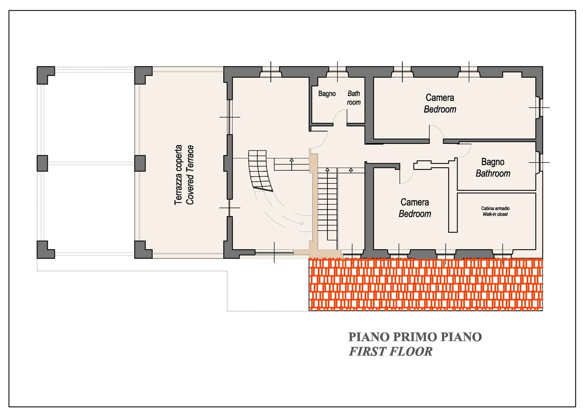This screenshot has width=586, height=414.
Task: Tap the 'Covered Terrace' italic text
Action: click(190, 175)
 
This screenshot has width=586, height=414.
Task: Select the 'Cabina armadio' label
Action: click(495, 208)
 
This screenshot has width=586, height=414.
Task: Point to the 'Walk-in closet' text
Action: click(495, 214)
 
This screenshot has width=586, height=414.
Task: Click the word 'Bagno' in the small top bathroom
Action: click(327, 94)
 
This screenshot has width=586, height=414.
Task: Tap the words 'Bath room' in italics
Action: click(354, 98)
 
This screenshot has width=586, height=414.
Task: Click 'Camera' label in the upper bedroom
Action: click(440, 97)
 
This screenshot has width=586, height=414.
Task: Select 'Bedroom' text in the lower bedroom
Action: click(415, 214)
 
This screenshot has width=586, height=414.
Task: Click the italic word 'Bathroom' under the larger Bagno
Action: click(493, 174)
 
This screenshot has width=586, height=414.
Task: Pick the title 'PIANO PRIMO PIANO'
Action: click(415, 337)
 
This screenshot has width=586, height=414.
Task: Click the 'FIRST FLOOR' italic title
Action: click(390, 351)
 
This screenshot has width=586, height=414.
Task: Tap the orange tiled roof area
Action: click(426, 284)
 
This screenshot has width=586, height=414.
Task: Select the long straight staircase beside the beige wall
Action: click(327, 204)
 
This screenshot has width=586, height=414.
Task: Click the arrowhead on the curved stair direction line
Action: click(302, 223)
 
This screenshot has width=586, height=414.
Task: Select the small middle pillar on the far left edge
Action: click(42, 163)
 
